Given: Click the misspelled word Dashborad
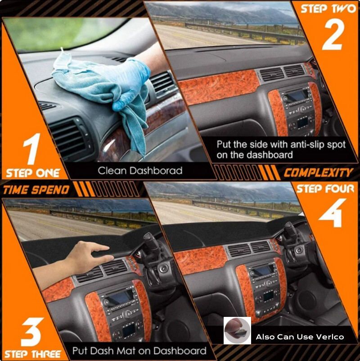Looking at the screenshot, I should click(x=159, y=171).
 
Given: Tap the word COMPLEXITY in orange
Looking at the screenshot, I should click(x=318, y=172).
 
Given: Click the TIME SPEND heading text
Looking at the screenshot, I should click(x=36, y=190).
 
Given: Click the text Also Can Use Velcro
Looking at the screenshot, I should click(x=300, y=337).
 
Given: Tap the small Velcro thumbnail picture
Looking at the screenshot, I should click(x=237, y=330).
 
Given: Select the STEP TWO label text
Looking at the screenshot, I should click(x=327, y=9).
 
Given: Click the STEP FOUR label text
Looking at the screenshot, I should click(x=325, y=189).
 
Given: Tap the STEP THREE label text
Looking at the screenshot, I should click(x=33, y=354).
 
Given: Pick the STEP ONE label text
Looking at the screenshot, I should click(x=33, y=173).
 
